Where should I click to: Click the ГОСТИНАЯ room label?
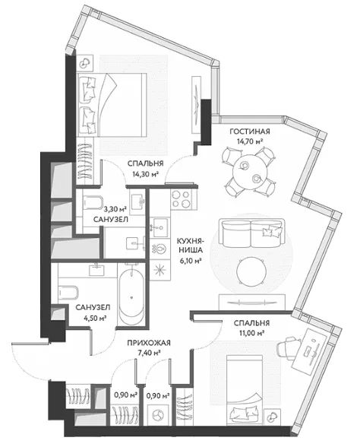(x=249, y=132)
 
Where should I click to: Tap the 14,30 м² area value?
(x=145, y=173)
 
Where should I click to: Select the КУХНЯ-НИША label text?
(x=189, y=245)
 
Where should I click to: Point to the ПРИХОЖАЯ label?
(x=149, y=343)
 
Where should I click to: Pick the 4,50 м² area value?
(x=93, y=318)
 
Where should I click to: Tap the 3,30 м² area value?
(x=115, y=210)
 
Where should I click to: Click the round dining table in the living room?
(x=251, y=172)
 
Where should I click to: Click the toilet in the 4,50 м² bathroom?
(x=68, y=292)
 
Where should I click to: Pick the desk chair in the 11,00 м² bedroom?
(x=287, y=346)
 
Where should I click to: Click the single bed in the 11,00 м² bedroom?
(x=245, y=394)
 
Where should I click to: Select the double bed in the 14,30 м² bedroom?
(x=112, y=105)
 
